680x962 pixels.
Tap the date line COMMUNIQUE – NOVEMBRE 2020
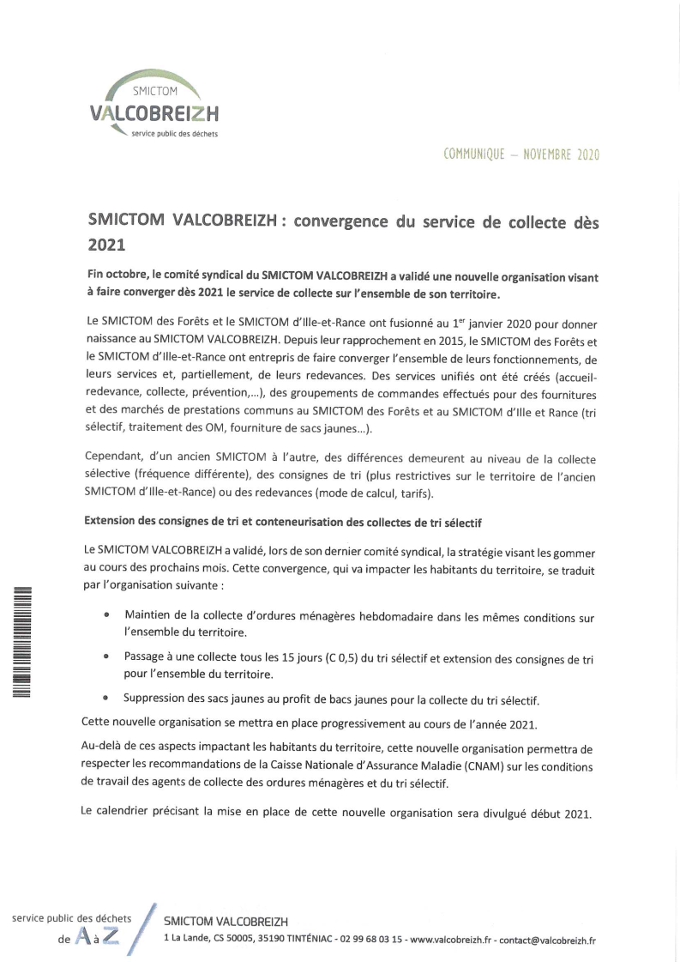[x=521, y=155]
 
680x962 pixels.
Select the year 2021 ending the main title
[x=107, y=244]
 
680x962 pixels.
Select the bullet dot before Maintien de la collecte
[x=106, y=615]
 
